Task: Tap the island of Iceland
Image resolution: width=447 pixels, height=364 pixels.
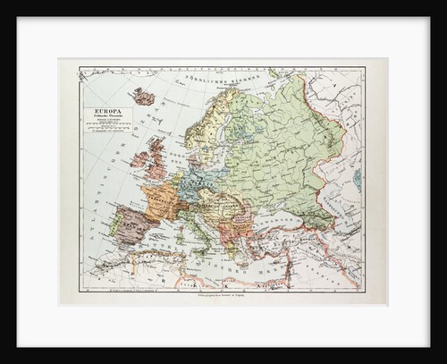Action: point(142,95)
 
